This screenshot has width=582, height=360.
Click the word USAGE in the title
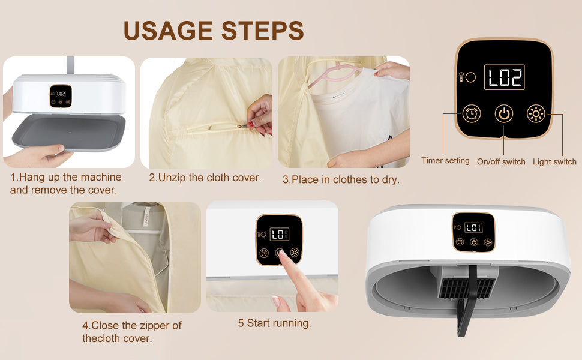point(168,31)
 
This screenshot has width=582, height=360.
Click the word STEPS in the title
point(262,31)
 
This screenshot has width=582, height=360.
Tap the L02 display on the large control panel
point(505,77)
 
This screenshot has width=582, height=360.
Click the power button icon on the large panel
point(503,113)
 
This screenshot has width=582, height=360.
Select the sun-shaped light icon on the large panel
point(536,113)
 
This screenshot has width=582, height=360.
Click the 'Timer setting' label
point(445,161)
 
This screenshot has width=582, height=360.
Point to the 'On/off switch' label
point(501,162)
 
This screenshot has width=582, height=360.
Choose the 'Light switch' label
point(554,162)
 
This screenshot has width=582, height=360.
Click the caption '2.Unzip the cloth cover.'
point(205,178)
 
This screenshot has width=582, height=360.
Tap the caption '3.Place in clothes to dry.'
point(341,179)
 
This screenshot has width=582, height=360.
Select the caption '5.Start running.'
point(274,323)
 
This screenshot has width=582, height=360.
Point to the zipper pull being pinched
point(243,126)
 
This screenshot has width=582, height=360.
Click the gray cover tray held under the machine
point(68,133)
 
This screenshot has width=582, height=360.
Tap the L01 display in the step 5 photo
point(280,234)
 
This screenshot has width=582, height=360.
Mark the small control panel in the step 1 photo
point(61,97)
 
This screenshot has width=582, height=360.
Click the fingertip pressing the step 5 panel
point(282,254)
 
